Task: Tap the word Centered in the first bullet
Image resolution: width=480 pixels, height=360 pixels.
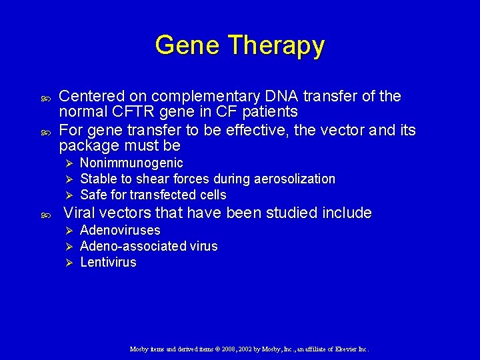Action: coord(90,96)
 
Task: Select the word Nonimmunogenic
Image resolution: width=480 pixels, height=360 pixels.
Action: coord(131,163)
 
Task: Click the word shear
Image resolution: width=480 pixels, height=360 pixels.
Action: coord(151,179)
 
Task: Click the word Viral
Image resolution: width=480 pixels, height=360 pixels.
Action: coord(79,213)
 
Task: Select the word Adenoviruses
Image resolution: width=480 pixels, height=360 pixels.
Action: coord(120,231)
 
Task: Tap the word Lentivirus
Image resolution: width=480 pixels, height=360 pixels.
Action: coord(108,263)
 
